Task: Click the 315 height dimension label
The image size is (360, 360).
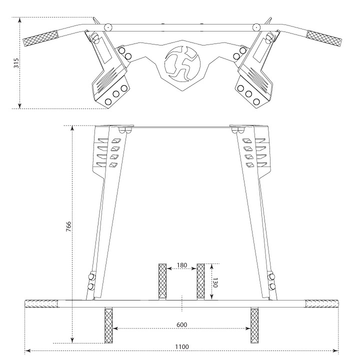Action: click(16, 63)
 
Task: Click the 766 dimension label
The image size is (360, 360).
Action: click(68, 226)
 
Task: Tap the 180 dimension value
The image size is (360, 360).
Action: click(182, 265)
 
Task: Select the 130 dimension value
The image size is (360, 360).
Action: click(215, 282)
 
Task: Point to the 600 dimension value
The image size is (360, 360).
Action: click(182, 325)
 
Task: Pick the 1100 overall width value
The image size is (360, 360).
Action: click(182, 346)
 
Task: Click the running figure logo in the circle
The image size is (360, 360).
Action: click(182, 64)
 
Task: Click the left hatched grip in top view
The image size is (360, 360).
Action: click(41, 38)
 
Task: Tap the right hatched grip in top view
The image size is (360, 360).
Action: click(324, 38)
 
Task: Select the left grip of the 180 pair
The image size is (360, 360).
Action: click(162, 281)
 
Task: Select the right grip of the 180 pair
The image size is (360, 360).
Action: click(200, 281)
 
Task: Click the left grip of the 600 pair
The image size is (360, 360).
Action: click(108, 325)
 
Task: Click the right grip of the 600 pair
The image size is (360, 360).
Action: click(254, 325)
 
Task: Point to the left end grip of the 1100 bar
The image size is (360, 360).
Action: click(41, 303)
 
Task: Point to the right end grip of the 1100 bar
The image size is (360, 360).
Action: click(322, 303)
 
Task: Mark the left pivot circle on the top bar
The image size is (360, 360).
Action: click(107, 27)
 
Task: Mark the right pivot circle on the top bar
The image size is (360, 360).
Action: click(256, 27)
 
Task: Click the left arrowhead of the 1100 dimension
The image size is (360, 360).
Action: click(27, 350)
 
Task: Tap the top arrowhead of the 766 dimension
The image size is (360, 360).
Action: click(72, 128)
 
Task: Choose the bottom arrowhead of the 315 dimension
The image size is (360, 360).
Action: click(20, 105)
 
